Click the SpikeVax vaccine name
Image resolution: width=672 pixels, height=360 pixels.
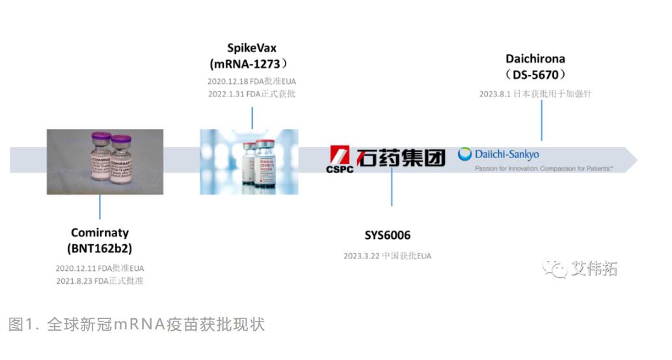(252, 48)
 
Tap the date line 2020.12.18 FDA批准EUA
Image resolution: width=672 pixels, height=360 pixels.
(251, 81)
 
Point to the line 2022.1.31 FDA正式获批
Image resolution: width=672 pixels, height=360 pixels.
(251, 94)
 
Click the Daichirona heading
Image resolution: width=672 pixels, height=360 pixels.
(535, 59)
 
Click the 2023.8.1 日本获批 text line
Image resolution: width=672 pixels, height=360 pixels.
(535, 94)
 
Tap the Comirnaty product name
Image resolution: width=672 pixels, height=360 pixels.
(100, 232)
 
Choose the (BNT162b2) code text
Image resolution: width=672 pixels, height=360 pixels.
(100, 248)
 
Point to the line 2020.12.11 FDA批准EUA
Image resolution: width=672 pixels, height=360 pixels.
(100, 268)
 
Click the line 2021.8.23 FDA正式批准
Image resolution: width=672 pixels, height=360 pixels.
(100, 281)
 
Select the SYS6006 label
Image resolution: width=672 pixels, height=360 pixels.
(387, 236)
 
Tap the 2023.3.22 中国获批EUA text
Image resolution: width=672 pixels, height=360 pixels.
(387, 256)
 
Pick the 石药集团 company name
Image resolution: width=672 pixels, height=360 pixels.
(400, 157)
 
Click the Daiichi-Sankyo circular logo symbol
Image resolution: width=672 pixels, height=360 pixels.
(465, 154)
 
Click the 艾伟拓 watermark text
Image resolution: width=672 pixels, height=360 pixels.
(594, 268)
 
